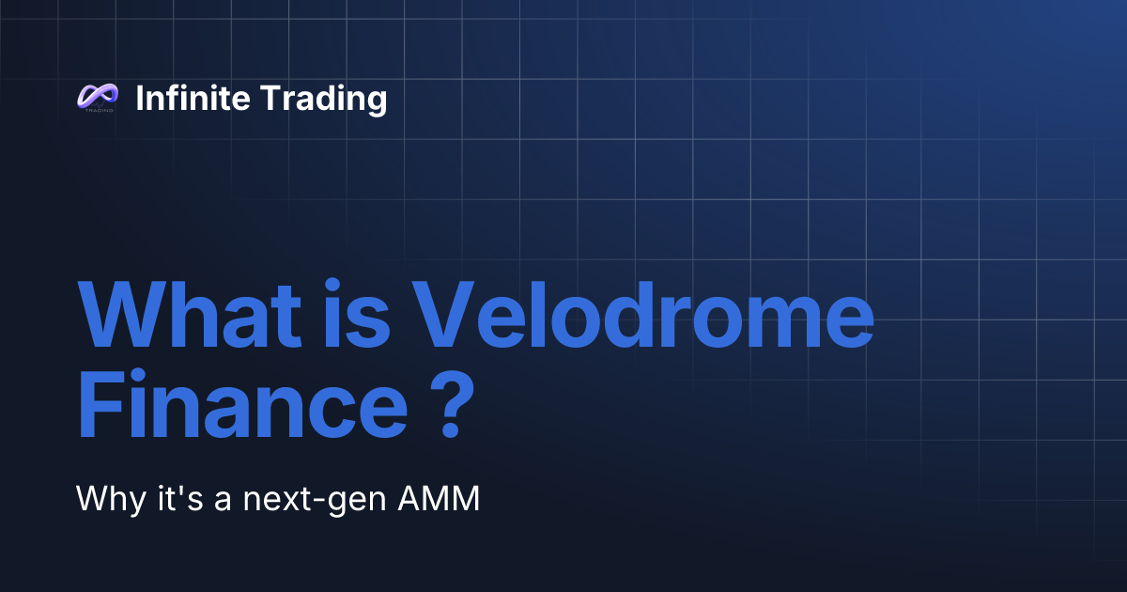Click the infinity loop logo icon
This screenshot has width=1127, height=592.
pyautogui.click(x=97, y=96)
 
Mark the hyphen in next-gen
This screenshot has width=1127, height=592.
pyautogui.click(x=324, y=502)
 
